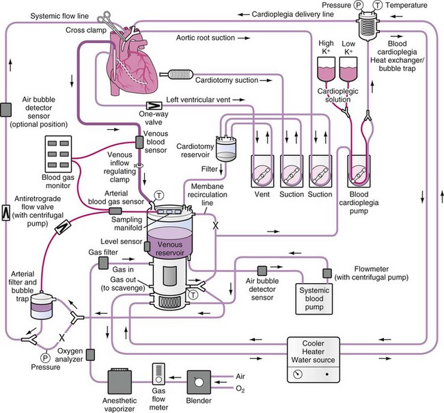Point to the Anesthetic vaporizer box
point(124,383)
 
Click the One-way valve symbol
point(156,105)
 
